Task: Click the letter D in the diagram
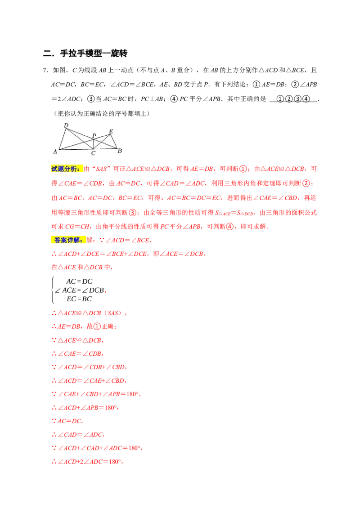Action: click(x=66, y=125)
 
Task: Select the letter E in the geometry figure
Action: click(x=111, y=131)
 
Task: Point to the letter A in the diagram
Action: click(x=55, y=152)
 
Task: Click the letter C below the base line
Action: click(x=93, y=154)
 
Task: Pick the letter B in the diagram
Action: click(x=120, y=151)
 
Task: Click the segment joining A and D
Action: click(x=63, y=139)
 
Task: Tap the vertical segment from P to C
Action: click(x=93, y=143)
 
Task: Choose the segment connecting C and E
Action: click(x=102, y=142)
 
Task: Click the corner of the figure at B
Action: click(x=117, y=148)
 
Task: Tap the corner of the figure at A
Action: click(x=59, y=149)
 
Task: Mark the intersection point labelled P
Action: click(x=93, y=139)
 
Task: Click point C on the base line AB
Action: click(x=93, y=148)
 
